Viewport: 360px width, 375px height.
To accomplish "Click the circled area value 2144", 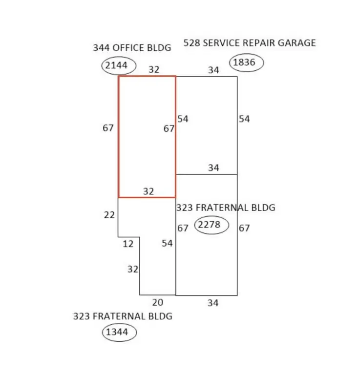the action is pos(116,65).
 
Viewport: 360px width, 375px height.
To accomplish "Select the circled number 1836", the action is pos(244,62).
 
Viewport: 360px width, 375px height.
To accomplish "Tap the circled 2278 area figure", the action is pos(209,225).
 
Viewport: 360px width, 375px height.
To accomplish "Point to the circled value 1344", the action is pos(117,332).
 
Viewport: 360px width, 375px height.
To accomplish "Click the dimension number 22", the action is pos(109,215).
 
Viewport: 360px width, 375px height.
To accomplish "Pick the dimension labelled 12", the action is pos(128,244).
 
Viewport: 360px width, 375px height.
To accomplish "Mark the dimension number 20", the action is pos(158,303).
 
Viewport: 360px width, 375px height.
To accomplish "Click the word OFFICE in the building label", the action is pos(128,48).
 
